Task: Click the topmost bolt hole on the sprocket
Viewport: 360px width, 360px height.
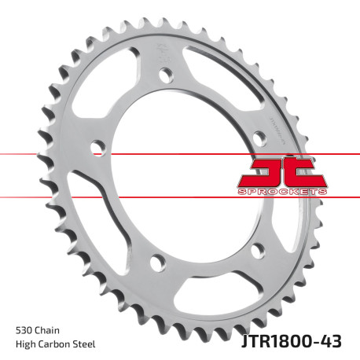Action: click(x=165, y=75)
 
